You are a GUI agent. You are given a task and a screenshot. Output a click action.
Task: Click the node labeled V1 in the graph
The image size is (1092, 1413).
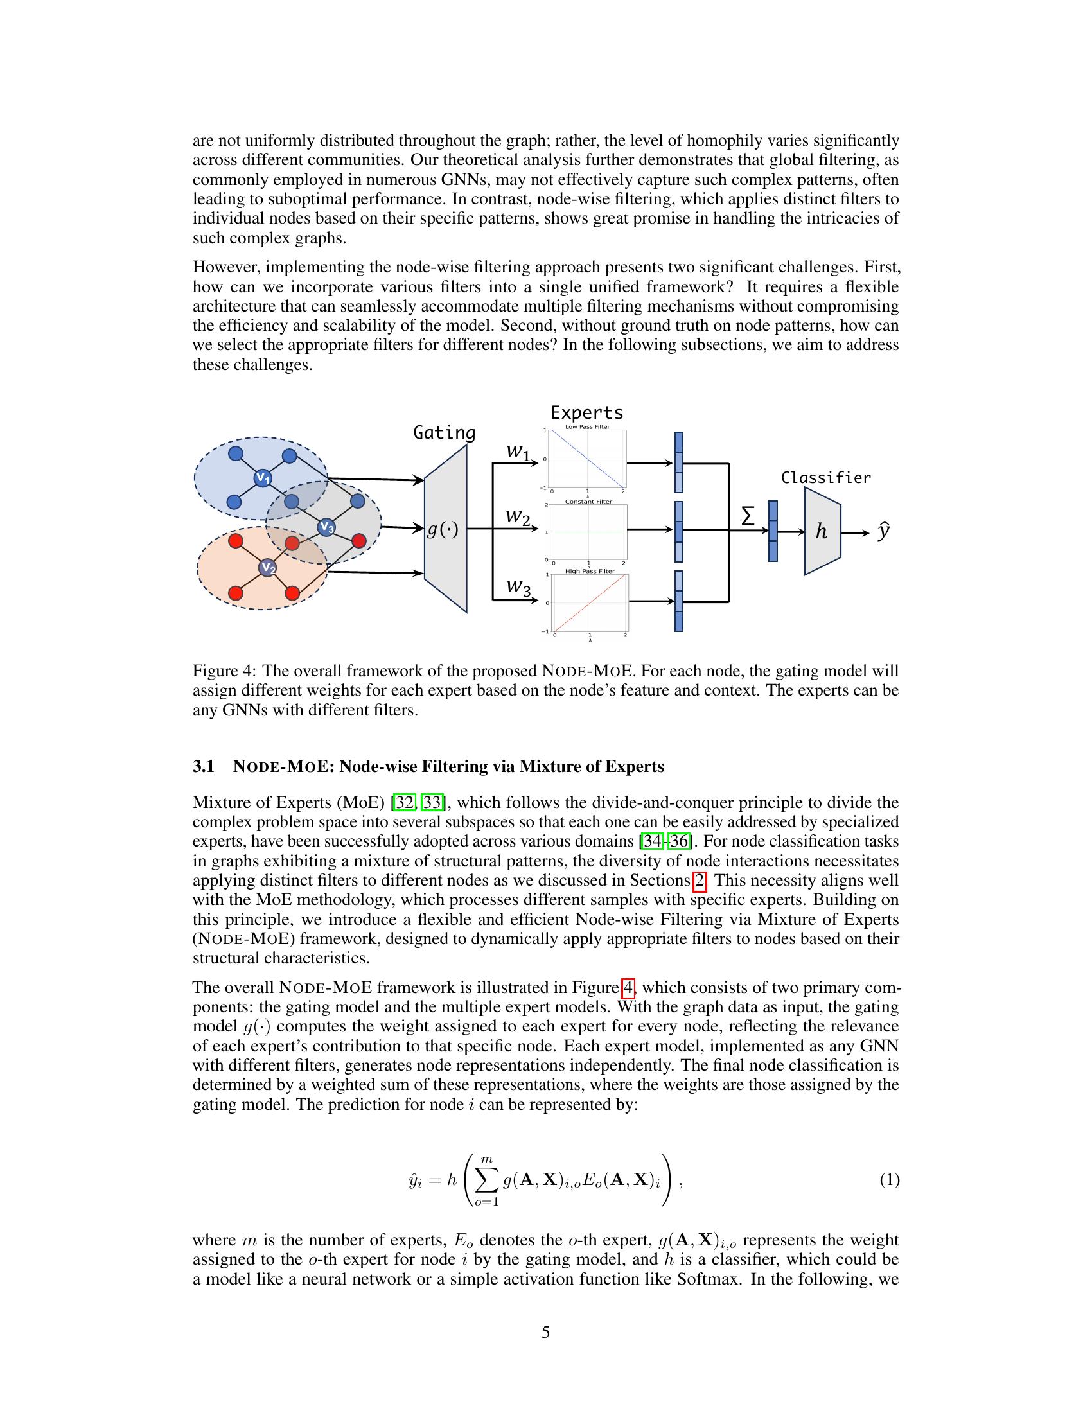(262, 478)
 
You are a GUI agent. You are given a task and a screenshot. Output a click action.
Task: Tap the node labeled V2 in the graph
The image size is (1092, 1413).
(268, 568)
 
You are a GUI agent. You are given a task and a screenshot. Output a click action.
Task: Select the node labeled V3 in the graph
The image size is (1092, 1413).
(326, 527)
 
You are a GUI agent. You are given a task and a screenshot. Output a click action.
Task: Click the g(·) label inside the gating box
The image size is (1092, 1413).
(443, 530)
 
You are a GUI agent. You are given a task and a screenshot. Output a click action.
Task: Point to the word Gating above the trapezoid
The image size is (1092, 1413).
(444, 433)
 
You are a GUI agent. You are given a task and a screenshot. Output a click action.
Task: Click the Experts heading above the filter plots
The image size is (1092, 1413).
(586, 413)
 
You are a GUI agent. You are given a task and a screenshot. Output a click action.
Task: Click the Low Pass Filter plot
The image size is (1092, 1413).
(587, 459)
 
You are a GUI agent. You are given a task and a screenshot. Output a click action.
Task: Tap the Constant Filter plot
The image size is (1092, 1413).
(587, 532)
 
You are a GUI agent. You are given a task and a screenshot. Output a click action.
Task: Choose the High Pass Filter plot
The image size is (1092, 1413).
(589, 604)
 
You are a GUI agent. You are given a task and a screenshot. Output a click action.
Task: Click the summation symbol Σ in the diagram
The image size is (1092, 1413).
(747, 516)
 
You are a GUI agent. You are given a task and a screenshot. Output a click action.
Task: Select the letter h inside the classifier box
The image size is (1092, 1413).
(821, 532)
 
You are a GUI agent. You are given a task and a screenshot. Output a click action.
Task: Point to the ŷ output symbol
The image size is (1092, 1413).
(883, 532)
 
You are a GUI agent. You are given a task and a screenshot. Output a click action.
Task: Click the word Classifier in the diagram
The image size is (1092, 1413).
(825, 478)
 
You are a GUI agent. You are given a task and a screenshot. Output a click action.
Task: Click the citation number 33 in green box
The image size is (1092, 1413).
(432, 803)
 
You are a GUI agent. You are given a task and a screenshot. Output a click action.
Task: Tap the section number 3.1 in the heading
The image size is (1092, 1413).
(203, 767)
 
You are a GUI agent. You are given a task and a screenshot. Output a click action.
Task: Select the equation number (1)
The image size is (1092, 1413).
(889, 1180)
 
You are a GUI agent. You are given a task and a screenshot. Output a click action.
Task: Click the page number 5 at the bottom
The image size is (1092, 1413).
(545, 1332)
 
